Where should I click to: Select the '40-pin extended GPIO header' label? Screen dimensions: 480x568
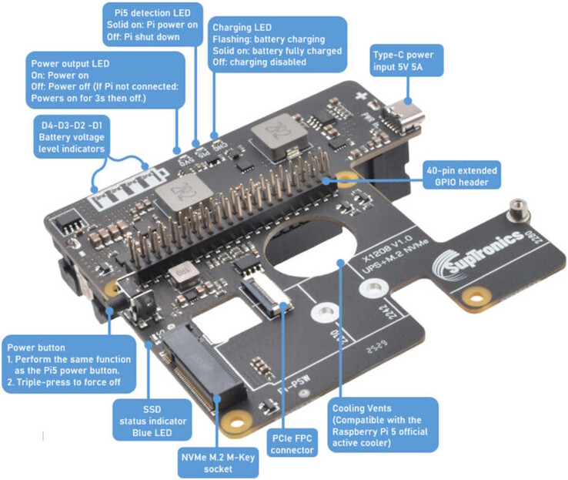461,175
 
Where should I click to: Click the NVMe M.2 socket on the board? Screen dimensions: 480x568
198,370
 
